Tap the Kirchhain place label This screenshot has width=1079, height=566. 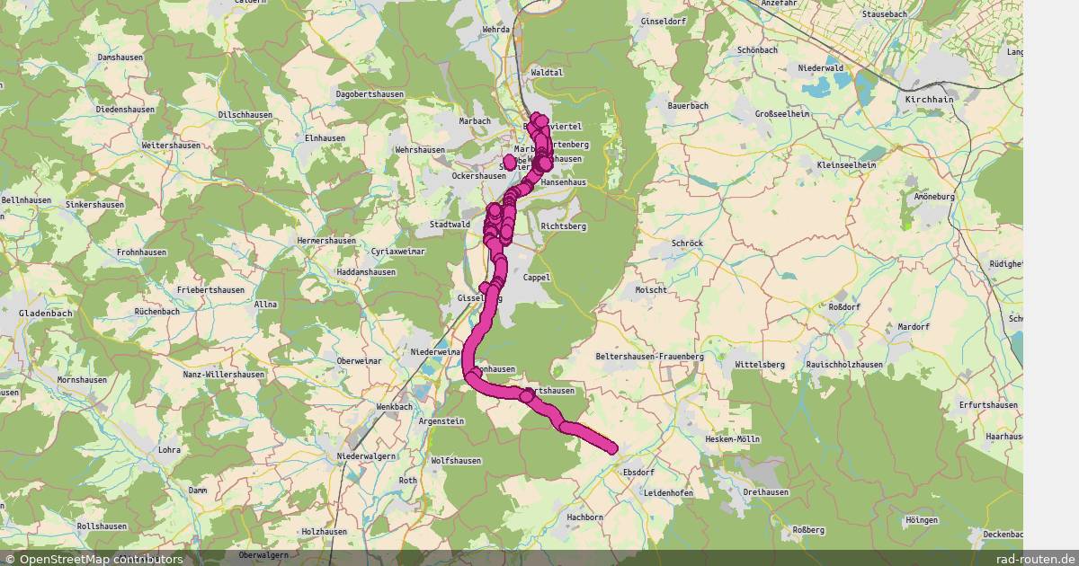931,99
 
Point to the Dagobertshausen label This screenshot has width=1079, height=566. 370,94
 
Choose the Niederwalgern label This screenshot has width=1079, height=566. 367,456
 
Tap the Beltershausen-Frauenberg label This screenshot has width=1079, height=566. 649,357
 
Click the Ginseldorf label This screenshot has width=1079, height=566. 664,21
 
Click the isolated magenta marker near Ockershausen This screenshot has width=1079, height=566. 510,162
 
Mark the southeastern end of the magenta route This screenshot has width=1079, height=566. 613,448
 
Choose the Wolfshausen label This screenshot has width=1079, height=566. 456,461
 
